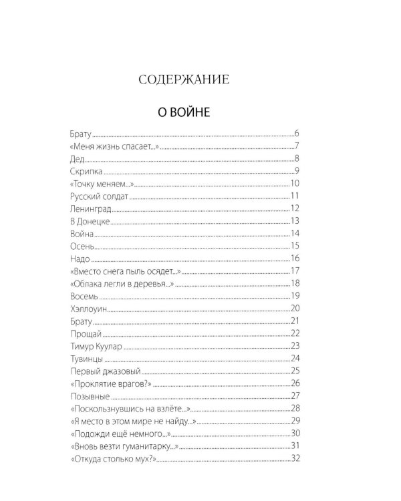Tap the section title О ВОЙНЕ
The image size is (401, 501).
coord(183,112)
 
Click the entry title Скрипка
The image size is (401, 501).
coord(84,171)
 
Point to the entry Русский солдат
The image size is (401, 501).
coord(98,196)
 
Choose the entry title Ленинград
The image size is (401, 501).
coord(90,208)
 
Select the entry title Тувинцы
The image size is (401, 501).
coord(85,359)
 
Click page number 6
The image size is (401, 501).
coord(295,134)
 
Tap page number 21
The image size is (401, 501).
coord(293,321)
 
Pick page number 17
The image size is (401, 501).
coord(293,271)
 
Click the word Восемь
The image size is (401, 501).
coord(84,296)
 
